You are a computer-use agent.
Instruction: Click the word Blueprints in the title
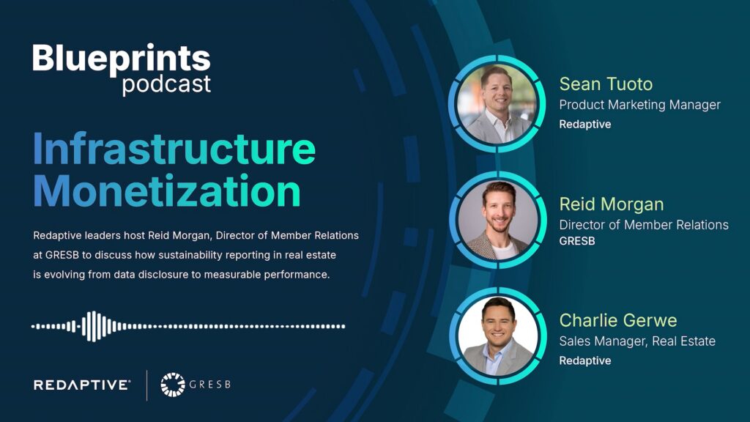(122, 58)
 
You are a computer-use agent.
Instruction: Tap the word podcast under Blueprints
(166, 84)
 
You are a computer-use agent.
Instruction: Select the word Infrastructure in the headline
(174, 149)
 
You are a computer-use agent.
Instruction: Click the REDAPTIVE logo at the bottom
(82, 385)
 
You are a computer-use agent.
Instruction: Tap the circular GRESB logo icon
(173, 385)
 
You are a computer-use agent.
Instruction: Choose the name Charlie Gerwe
(618, 320)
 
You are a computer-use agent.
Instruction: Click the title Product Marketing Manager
(639, 105)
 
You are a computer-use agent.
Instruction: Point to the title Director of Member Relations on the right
(644, 224)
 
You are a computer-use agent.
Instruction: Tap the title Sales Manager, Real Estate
(637, 341)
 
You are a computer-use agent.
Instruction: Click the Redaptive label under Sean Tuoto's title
(584, 125)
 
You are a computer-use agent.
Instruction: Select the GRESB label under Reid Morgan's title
(577, 241)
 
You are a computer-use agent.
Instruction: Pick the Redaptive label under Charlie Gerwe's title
(584, 360)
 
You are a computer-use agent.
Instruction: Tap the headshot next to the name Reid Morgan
(498, 220)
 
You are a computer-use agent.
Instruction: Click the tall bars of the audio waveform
(93, 326)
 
